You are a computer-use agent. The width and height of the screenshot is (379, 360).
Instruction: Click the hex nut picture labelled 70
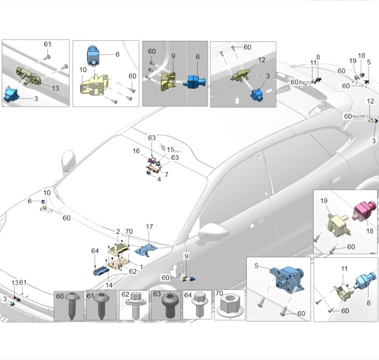point(230,308)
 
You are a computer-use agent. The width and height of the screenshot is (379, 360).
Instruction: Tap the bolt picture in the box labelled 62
point(134,306)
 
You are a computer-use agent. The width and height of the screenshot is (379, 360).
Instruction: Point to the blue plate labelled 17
point(147,249)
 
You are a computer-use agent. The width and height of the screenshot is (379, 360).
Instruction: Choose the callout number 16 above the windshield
point(137,151)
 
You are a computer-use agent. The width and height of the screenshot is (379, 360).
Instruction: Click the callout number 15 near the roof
point(170,149)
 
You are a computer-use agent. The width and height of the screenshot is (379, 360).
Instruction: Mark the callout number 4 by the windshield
point(159,179)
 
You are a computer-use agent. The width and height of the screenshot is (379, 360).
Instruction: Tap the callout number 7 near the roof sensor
point(166,175)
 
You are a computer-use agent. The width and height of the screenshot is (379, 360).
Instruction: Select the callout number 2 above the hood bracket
point(118,231)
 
